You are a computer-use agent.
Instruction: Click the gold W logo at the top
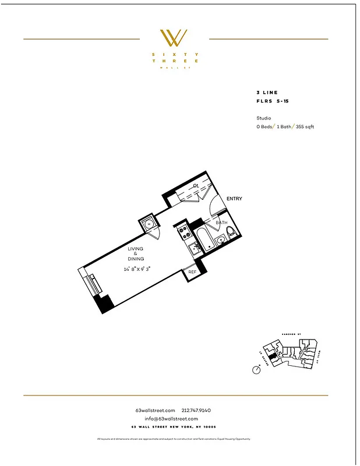[174, 38]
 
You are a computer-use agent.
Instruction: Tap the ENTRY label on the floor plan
[234, 199]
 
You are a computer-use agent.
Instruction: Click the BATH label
[221, 223]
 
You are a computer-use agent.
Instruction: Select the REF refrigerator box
[192, 271]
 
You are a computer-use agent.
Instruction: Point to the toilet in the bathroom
[231, 234]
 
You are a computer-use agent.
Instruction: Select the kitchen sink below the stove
[195, 248]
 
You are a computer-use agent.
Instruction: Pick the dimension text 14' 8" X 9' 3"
[137, 269]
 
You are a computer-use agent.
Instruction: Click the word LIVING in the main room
[136, 249]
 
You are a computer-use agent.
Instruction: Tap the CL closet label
[197, 185]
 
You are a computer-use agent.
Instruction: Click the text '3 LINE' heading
[267, 93]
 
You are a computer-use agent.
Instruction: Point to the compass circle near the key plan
[256, 370]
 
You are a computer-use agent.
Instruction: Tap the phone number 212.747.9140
[197, 411]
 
